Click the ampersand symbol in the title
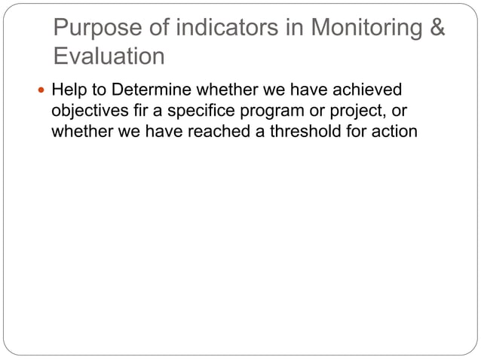[437, 29]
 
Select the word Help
[69, 91]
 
